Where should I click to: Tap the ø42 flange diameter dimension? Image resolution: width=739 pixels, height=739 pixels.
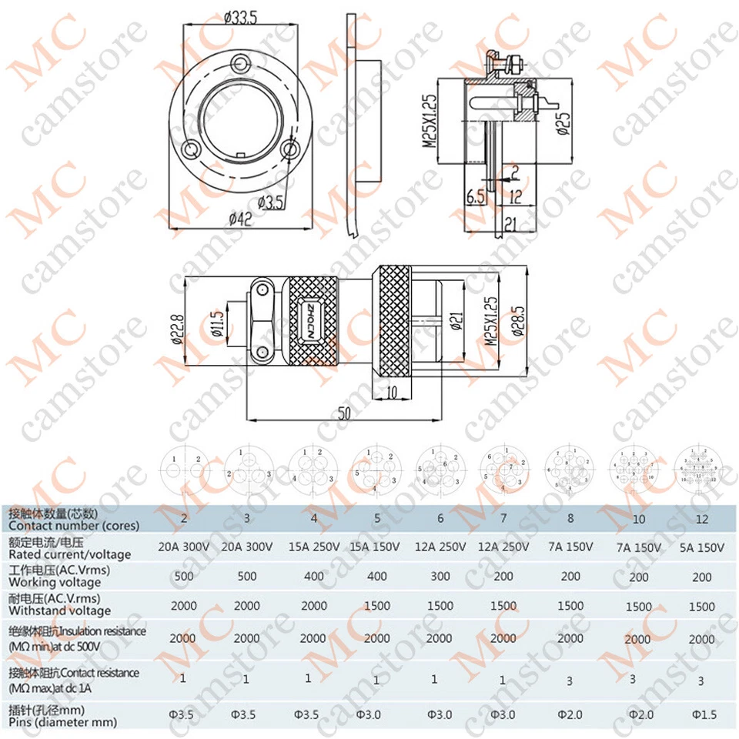pos(241,219)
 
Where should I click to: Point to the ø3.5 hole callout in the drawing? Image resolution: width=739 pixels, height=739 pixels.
pos(271,203)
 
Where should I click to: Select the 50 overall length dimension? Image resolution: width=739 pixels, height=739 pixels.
pos(344,413)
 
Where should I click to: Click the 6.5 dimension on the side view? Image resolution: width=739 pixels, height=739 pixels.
pos(476,196)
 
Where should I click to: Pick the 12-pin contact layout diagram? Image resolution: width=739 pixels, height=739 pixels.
pos(697,470)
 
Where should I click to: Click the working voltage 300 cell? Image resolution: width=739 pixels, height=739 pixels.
pos(440,576)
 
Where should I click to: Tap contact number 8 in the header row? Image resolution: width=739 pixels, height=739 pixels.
pos(570,518)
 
